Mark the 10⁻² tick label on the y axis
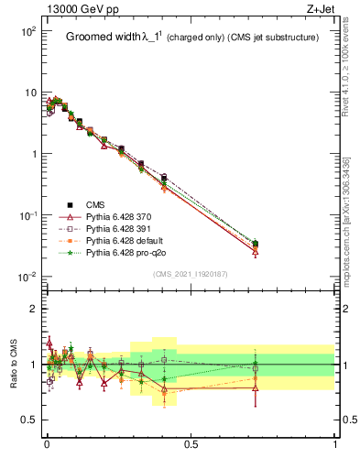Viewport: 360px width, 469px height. [27, 277]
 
